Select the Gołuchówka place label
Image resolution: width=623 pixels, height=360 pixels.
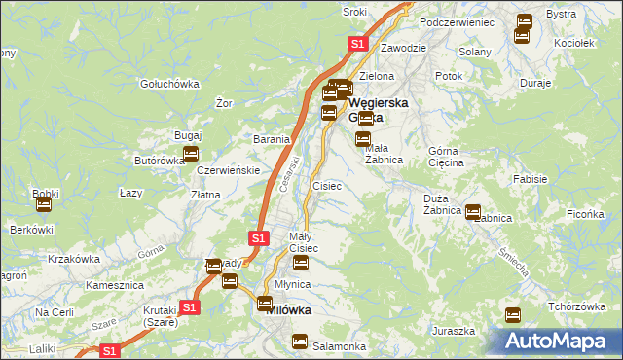169,84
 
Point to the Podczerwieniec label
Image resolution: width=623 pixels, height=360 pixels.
457,21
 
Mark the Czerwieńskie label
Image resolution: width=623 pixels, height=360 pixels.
227,170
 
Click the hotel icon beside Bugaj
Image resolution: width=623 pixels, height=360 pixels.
191,154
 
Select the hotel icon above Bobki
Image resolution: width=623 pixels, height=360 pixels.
42,204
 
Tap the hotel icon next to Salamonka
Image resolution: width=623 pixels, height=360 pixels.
299,342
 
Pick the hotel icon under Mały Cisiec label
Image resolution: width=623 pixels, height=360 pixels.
301,263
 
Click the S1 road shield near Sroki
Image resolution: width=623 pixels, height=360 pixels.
357,44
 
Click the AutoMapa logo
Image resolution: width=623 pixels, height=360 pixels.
562,342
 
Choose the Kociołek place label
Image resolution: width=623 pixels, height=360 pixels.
573,44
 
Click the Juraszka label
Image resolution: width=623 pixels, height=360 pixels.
454,331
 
